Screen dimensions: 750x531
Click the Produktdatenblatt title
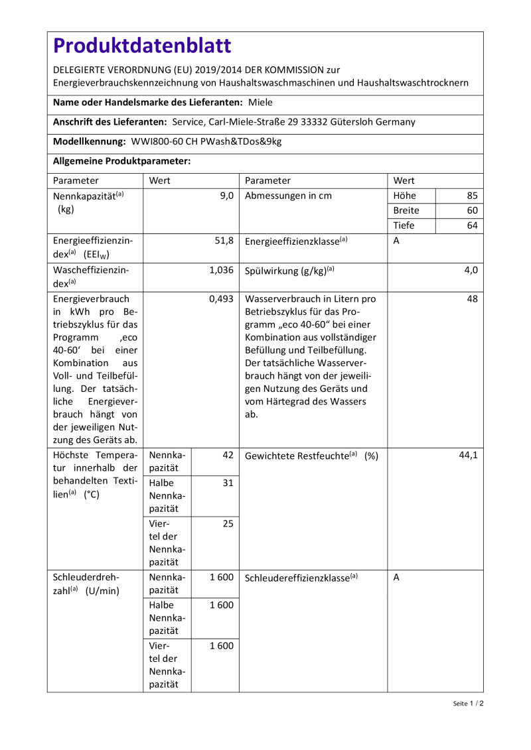[x=142, y=46]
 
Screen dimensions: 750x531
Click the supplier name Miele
[x=260, y=103]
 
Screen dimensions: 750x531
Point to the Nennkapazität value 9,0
[x=227, y=196]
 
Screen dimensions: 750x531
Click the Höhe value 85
[x=471, y=196]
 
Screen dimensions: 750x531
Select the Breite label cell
[x=406, y=210]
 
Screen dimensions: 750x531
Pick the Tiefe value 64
[x=471, y=225]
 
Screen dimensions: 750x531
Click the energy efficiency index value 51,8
[x=223, y=241]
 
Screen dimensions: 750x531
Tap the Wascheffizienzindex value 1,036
[x=221, y=270]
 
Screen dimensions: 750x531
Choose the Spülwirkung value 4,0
[x=471, y=270]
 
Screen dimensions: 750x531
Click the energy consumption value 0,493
[x=221, y=299]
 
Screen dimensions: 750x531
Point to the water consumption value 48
[x=472, y=299]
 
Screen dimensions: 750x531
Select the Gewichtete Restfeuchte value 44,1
[x=468, y=456]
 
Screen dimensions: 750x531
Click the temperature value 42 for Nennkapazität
[x=228, y=456]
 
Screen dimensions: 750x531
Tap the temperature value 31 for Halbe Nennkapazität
[x=228, y=483]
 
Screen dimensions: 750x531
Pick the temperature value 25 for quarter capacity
[x=228, y=524]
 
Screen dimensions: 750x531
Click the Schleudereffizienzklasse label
[x=301, y=578]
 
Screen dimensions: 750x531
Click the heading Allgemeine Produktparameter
[x=121, y=161]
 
